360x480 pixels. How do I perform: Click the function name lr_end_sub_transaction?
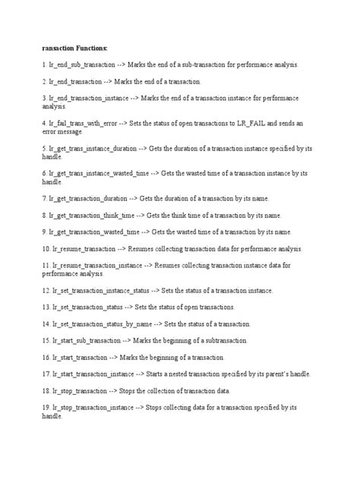84,65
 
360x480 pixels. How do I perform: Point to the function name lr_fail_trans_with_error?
87,122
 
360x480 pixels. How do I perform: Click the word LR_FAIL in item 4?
272,122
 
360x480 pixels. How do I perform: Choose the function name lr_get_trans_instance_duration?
99,149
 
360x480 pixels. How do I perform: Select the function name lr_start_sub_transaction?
87,341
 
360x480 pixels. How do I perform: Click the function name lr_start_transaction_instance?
96,374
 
